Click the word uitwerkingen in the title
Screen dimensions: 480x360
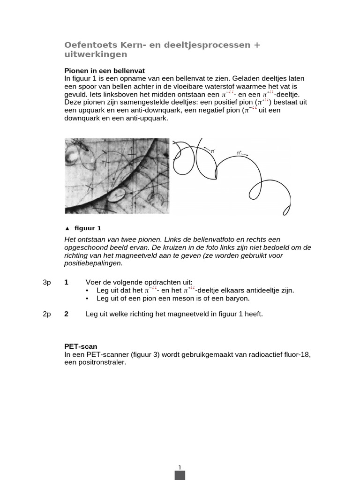(95, 54)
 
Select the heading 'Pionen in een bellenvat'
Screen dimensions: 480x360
(105, 70)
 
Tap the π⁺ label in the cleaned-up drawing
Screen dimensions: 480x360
(240, 153)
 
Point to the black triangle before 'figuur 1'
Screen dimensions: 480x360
(67, 229)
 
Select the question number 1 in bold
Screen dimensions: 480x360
(66, 282)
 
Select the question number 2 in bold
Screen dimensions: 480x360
(66, 314)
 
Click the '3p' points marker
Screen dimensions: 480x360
(46, 282)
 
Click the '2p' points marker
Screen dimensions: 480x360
(46, 314)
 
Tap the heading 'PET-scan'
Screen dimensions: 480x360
(81, 346)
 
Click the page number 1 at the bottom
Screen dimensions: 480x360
(180, 467)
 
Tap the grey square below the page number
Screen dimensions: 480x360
(180, 475)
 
